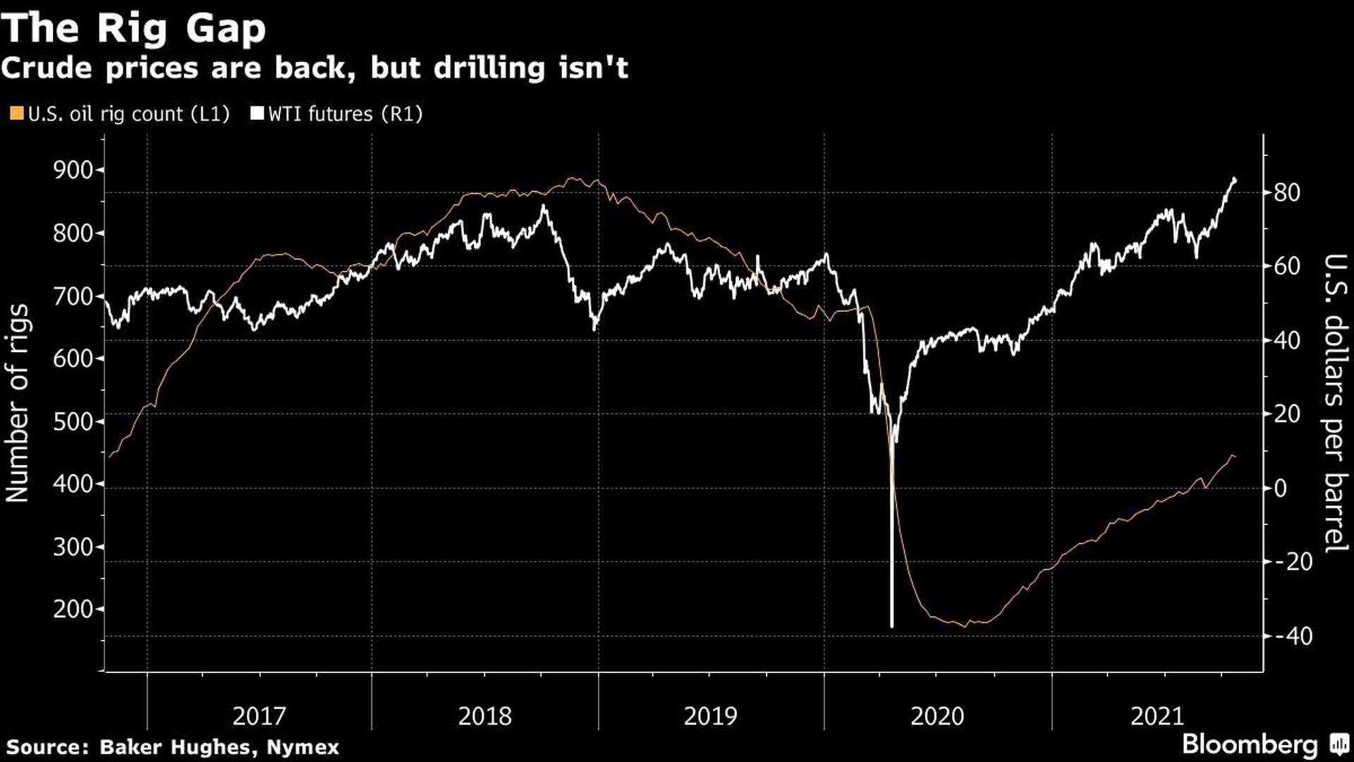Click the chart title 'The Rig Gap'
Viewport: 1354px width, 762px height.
tap(134, 28)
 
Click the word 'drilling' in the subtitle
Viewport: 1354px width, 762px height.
tap(489, 68)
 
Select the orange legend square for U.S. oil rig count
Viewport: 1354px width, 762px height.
tap(17, 114)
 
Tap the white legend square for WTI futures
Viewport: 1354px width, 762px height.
tap(257, 114)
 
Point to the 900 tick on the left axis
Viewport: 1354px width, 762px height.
tap(73, 169)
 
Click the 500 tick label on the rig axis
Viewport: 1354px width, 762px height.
tap(73, 421)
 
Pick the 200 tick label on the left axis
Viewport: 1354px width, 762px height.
tap(73, 609)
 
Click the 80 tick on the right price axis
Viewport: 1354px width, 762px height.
tap(1286, 193)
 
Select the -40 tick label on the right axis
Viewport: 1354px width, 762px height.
tap(1293, 636)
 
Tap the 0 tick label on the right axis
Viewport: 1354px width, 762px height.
tap(1281, 488)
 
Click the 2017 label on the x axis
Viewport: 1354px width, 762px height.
tap(259, 716)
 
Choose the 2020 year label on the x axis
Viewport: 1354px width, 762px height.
tap(937, 716)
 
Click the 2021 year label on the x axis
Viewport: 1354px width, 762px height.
tap(1157, 716)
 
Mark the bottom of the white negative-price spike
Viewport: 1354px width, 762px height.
tap(892, 625)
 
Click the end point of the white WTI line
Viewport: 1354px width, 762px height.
tap(1234, 179)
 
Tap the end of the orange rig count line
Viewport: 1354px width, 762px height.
tap(1234, 457)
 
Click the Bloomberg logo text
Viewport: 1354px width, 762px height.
tap(1250, 744)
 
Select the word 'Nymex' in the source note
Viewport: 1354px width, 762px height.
tap(303, 747)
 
